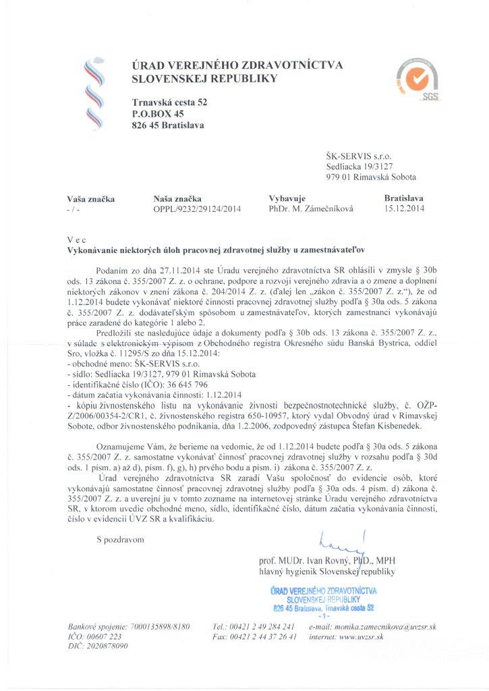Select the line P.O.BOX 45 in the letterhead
pos(158,114)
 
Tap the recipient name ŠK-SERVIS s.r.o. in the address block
pos(355,154)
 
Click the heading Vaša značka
pos(91,198)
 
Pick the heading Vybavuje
pos(288,198)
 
